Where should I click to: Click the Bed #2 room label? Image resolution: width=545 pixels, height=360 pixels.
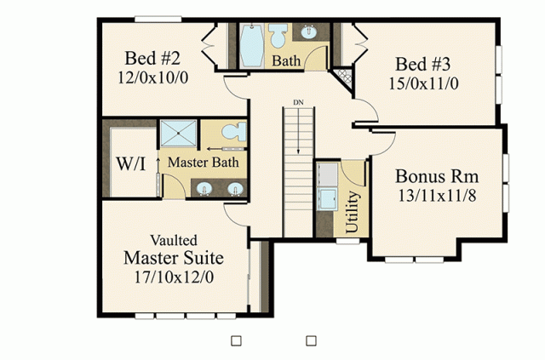coord(152,58)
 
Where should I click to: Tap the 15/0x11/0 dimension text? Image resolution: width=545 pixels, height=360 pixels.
coord(423,83)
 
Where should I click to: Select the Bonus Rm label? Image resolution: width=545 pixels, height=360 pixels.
coord(437,176)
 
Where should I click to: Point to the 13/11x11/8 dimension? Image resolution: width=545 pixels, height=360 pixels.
coord(437,196)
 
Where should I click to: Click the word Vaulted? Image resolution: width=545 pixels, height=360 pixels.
coord(174,240)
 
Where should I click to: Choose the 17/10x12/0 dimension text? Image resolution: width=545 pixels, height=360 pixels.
coord(174,277)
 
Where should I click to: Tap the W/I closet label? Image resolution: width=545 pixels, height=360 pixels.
coord(130,163)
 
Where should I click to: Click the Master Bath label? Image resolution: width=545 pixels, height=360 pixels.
coord(204,163)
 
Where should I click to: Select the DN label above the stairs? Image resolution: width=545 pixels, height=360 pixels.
coord(298,102)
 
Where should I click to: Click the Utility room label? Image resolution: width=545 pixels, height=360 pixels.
coord(352,212)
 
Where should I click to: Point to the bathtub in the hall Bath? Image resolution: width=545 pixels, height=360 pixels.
coord(252,45)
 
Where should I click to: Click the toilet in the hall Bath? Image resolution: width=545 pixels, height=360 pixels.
coord(278,36)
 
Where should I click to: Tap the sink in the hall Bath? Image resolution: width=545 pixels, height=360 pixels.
coord(308,32)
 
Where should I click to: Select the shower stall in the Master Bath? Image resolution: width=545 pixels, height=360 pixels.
coord(178,133)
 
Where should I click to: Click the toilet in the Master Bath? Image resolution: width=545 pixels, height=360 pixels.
coord(234,132)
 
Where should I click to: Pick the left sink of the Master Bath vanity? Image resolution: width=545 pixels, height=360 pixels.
coord(204,189)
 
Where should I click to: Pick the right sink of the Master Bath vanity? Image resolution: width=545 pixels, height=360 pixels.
coord(235,189)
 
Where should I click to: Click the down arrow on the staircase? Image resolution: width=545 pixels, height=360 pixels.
coord(298,131)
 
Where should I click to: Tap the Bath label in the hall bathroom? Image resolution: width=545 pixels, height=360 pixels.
coord(286,60)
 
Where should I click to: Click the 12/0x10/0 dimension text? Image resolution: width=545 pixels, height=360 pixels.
coord(153,77)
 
